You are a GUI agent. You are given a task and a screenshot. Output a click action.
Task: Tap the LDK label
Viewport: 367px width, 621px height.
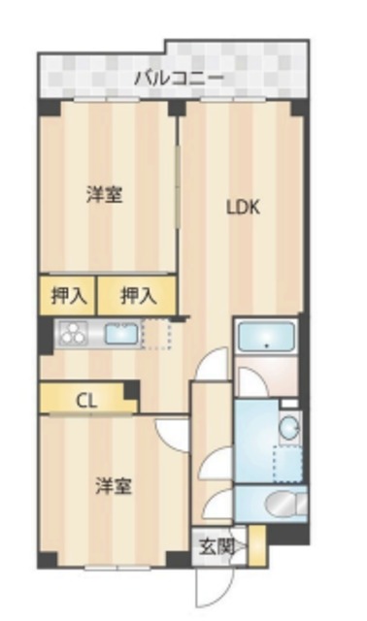[x=243, y=207]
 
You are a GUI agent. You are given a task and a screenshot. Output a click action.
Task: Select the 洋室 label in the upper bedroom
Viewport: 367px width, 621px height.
[x=103, y=194]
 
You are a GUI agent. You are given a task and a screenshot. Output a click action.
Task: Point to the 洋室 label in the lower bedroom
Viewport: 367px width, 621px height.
[x=113, y=484]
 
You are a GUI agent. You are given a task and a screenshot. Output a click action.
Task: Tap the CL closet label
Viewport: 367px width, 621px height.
[x=85, y=399]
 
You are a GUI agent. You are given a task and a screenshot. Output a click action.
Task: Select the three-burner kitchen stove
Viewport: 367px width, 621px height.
[x=72, y=336]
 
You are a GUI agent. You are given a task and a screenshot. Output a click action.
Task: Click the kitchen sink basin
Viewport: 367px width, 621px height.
[x=121, y=335]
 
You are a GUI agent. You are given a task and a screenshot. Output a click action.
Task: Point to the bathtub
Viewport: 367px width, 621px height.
[x=266, y=339]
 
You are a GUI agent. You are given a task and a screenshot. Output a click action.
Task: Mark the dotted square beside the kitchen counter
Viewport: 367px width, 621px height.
[x=155, y=334]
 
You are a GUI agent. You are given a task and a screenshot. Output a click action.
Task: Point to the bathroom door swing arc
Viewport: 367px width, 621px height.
[x=251, y=382]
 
